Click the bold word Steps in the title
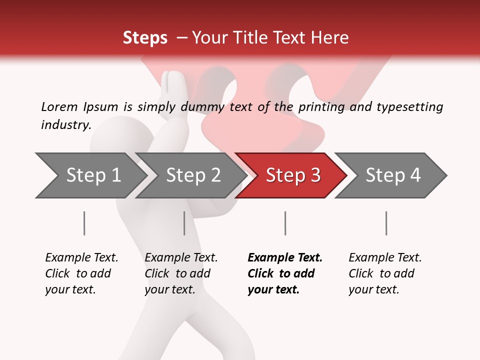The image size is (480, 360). click(x=145, y=38)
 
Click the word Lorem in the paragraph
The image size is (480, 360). click(x=59, y=106)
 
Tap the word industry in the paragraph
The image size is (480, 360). click(x=65, y=124)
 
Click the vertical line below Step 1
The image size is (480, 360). click(x=84, y=223)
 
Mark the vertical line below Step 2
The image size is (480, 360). click(x=184, y=223)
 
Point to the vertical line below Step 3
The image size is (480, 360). click(x=285, y=223)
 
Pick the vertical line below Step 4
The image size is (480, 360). click(x=386, y=223)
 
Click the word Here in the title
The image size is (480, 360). click(x=332, y=38)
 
